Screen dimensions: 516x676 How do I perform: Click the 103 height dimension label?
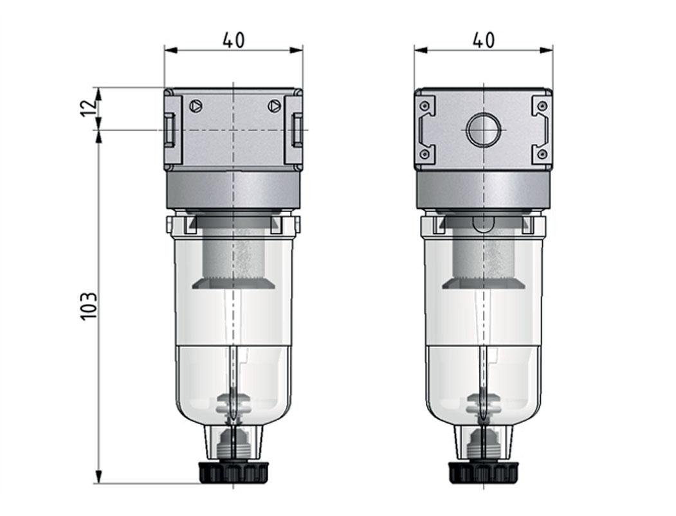click(89, 307)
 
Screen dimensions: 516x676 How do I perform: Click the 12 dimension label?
click(89, 103)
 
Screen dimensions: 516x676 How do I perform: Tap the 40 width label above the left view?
click(233, 40)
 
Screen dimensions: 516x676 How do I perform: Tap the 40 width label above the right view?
click(483, 40)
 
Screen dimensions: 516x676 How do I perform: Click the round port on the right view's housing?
click(483, 130)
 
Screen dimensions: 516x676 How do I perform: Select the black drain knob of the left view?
click(233, 472)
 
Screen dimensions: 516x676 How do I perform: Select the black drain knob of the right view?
click(483, 472)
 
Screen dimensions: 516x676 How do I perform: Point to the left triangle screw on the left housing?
click(196, 105)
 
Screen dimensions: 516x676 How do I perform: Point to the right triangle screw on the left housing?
click(274, 105)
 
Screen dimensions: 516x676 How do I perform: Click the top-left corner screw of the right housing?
click(424, 105)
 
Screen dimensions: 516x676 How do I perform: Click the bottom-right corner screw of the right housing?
click(542, 154)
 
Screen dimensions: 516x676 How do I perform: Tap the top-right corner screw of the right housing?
click(542, 105)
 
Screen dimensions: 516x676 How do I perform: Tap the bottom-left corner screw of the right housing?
click(424, 154)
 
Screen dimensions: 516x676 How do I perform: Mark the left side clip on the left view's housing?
click(169, 129)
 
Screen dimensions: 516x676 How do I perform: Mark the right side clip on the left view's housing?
click(297, 129)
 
